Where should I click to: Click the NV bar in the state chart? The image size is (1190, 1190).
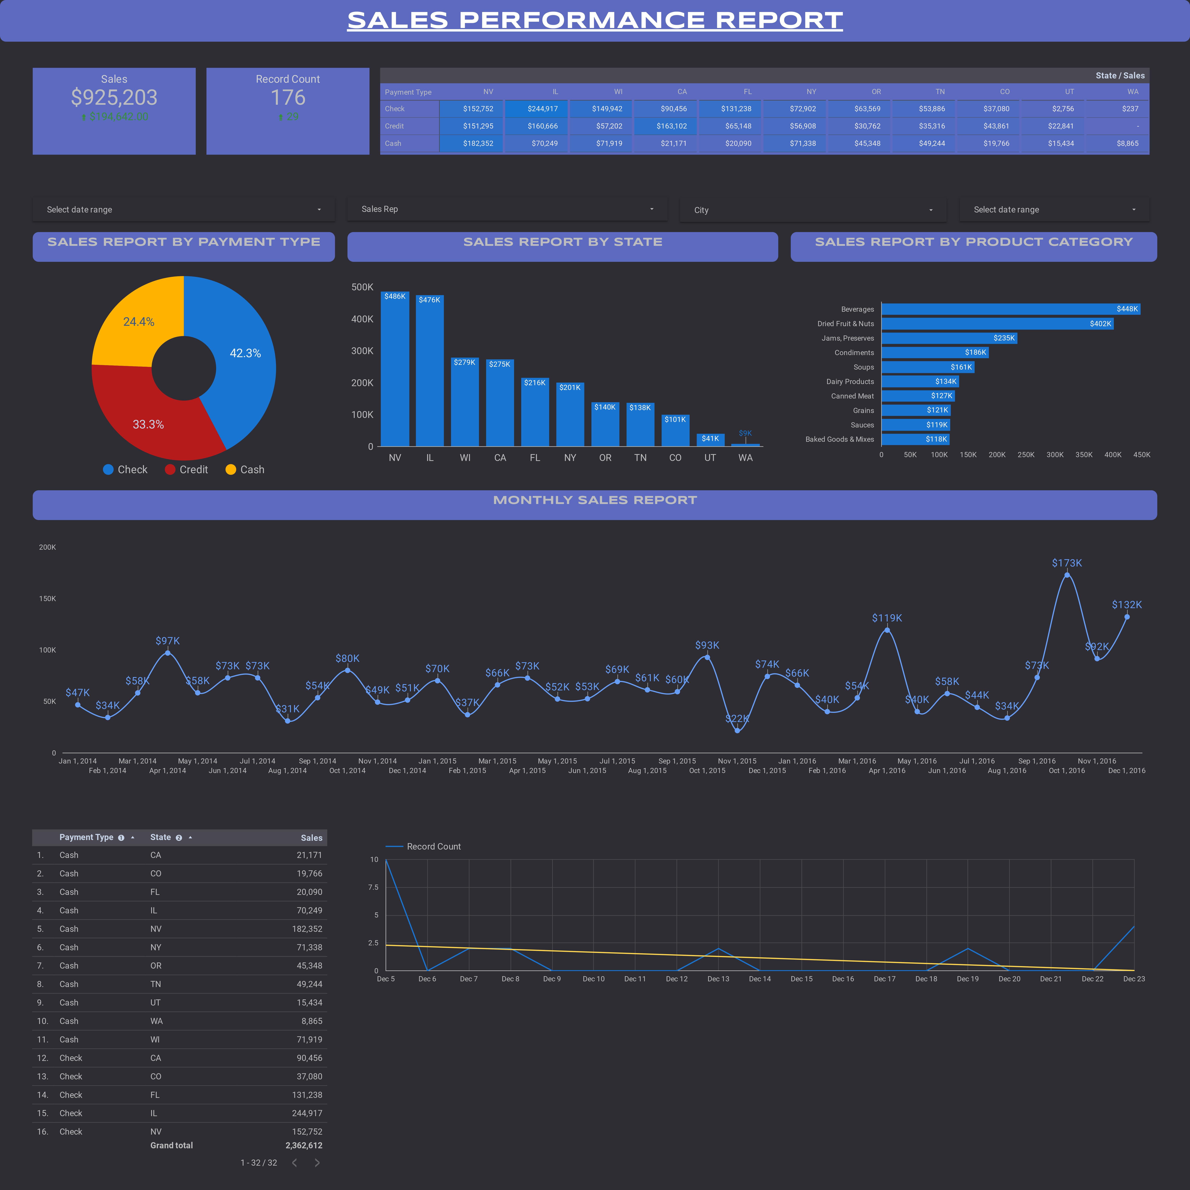(x=395, y=370)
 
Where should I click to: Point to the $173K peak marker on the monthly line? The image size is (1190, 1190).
(x=1067, y=575)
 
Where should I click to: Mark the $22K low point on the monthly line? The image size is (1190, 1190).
(x=737, y=731)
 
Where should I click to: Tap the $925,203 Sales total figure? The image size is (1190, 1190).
(x=114, y=97)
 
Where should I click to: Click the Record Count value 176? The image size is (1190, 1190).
(x=288, y=97)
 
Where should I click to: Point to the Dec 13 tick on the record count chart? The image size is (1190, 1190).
(x=718, y=979)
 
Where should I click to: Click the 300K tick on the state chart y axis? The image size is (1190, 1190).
(x=362, y=351)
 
